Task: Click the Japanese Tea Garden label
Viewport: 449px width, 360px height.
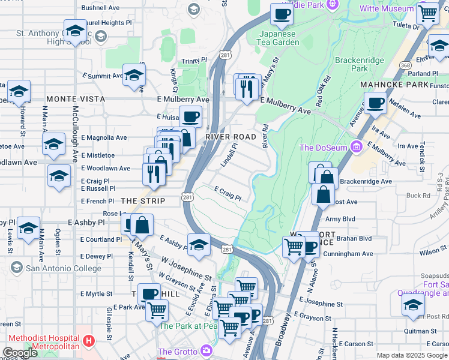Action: point(279,38)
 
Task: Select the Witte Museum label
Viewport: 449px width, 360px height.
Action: point(387,9)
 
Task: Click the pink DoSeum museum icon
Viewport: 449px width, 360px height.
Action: point(356,147)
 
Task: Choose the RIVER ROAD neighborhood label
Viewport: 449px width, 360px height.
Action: point(231,137)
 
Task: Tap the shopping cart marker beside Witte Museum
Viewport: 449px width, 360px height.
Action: point(427,12)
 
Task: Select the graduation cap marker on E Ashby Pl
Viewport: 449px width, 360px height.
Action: point(199,244)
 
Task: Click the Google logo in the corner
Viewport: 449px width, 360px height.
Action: point(20,353)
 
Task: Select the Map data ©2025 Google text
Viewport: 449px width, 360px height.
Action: point(412,355)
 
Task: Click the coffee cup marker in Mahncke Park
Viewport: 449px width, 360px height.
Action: point(376,103)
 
